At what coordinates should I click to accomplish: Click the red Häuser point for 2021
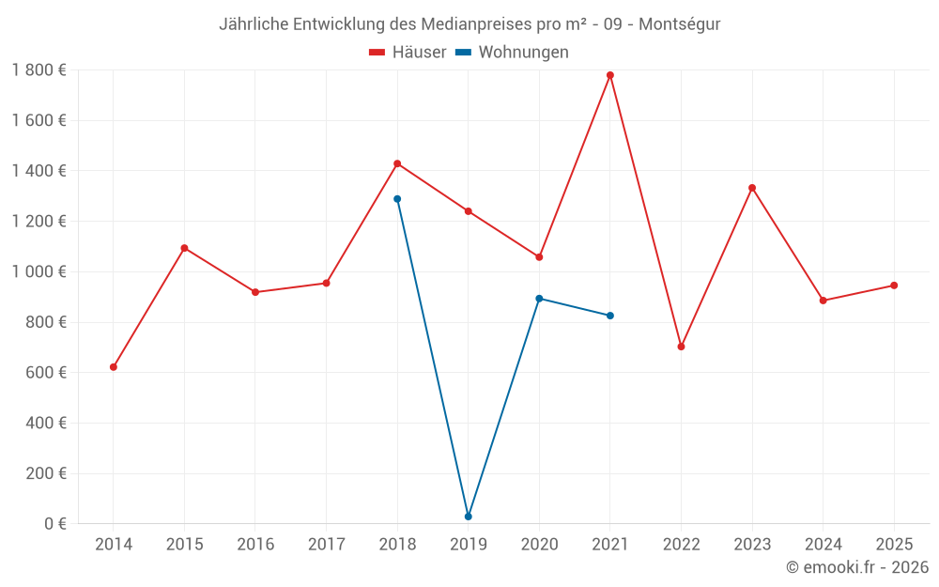[x=610, y=75]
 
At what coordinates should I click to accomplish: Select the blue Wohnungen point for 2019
[x=469, y=517]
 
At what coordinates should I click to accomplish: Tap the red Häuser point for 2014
[x=114, y=367]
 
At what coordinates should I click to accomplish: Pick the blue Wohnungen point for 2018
[x=397, y=199]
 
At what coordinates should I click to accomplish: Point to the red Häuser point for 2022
[x=682, y=347]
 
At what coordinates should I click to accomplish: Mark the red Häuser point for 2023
[x=752, y=188]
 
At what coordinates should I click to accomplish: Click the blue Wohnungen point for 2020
[x=539, y=299]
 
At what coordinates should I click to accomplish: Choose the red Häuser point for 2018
[x=397, y=163]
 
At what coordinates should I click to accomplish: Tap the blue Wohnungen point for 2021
[x=610, y=316]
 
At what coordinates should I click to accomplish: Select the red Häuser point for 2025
[x=894, y=286]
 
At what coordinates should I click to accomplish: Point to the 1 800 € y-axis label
[x=38, y=70]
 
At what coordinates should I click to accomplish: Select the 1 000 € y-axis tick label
[x=38, y=271]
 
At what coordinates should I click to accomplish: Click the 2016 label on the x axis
[x=255, y=545]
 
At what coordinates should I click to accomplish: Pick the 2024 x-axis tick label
[x=824, y=545]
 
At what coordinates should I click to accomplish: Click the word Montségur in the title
[x=680, y=24]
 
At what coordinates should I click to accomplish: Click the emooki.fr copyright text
[x=857, y=567]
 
